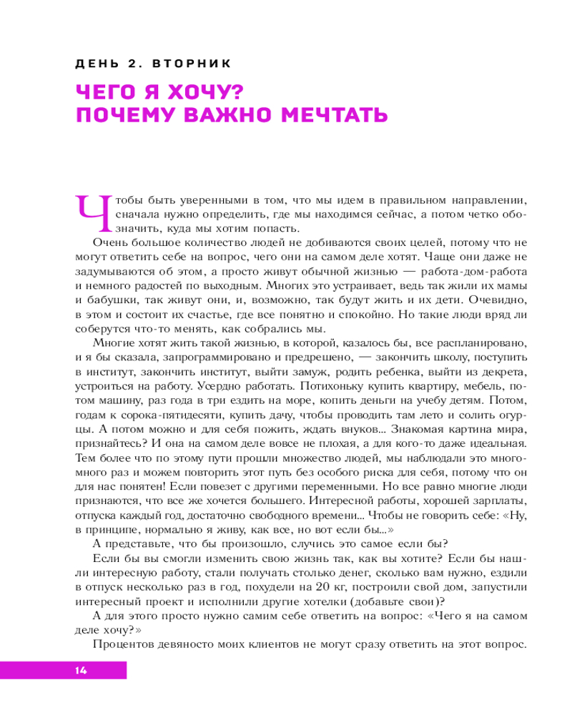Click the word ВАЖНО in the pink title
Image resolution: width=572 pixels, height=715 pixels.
[230, 115]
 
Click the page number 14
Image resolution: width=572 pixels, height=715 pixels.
[79, 670]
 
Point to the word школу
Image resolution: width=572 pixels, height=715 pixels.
[445, 356]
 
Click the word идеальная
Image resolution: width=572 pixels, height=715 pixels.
[498, 448]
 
